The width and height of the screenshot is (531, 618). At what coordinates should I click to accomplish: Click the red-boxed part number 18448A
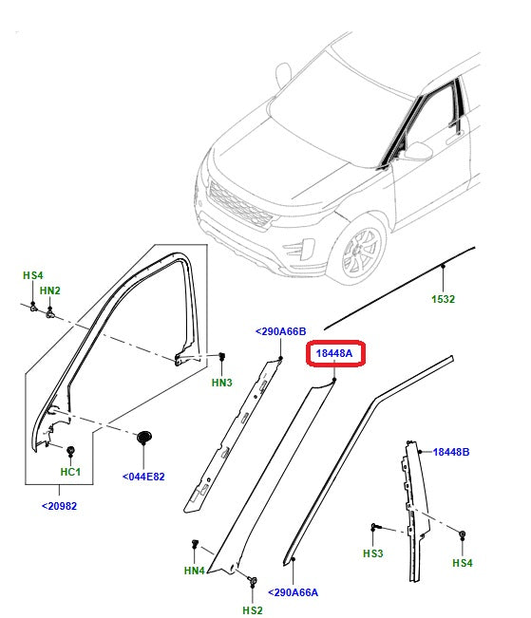(x=334, y=353)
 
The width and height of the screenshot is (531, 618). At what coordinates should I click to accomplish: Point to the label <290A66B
(x=280, y=331)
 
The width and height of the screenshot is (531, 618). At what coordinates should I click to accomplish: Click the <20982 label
(x=59, y=506)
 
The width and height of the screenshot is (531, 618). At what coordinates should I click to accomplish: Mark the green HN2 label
(x=50, y=290)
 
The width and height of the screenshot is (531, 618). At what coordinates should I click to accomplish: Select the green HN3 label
(x=221, y=383)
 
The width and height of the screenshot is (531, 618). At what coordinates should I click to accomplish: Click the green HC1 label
(x=71, y=472)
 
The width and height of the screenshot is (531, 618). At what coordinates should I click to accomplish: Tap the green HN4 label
(x=195, y=571)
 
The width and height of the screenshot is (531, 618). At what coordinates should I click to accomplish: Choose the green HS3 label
(x=372, y=553)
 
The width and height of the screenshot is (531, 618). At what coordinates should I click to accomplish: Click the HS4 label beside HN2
(x=33, y=275)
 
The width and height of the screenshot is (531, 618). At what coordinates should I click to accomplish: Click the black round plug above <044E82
(x=144, y=436)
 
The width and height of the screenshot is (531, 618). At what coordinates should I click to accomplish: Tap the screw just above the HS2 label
(x=251, y=580)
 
